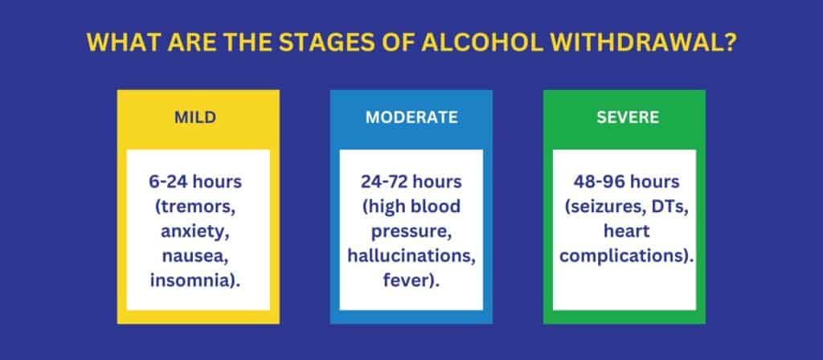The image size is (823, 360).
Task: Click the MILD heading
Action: (x=195, y=117)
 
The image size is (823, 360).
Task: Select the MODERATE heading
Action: (x=411, y=117)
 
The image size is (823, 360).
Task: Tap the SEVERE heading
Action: (x=628, y=117)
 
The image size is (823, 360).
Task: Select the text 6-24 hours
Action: (x=195, y=182)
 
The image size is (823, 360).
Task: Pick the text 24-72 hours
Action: (x=411, y=182)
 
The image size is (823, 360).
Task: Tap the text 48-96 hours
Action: (x=628, y=182)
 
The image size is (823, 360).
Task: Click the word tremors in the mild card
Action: (x=199, y=207)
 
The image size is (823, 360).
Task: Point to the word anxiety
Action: (x=195, y=232)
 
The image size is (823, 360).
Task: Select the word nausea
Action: (x=195, y=257)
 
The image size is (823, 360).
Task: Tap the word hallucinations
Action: (x=411, y=257)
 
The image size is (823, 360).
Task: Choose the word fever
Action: (x=407, y=283)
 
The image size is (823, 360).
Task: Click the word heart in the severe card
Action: (x=628, y=232)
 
